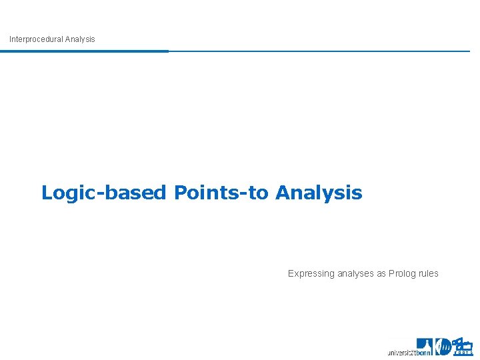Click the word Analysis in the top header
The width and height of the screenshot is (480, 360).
(80, 39)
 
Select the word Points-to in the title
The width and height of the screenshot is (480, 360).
(222, 193)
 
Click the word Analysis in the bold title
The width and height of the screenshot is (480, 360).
(319, 193)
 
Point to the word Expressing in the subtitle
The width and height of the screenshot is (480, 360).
(311, 273)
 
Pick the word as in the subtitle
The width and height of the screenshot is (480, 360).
(382, 273)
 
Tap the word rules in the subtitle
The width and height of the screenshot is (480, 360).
(429, 273)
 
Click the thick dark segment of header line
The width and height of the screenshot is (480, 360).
(84, 51)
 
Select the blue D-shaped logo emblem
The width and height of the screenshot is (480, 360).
(443, 347)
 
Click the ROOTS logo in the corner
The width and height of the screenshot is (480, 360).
(463, 347)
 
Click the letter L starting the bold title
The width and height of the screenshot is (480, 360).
(47, 193)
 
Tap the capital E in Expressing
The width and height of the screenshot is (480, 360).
(291, 273)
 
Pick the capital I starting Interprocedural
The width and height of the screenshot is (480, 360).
(10, 39)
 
